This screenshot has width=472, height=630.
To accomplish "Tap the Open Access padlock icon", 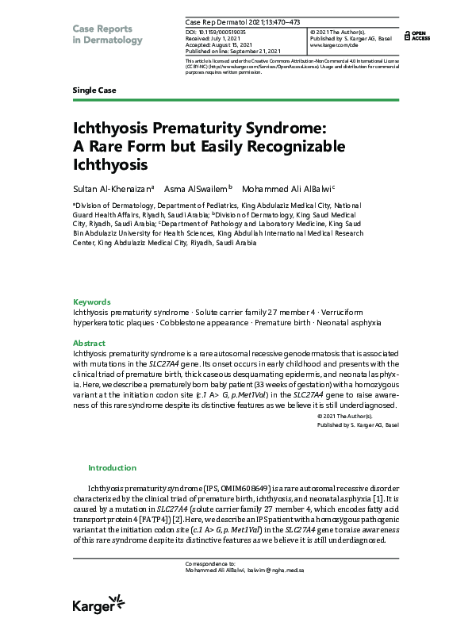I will click(x=407, y=35).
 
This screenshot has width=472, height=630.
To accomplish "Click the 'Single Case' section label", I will click(x=94, y=90).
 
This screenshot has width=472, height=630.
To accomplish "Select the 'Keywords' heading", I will click(x=92, y=302).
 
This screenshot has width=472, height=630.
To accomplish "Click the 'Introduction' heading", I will click(x=112, y=468).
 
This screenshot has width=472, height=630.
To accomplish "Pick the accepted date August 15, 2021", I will click(x=237, y=41).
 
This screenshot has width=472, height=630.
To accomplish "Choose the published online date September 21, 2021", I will click(x=254, y=48).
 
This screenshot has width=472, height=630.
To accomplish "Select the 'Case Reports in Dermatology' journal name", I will click(x=108, y=34).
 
